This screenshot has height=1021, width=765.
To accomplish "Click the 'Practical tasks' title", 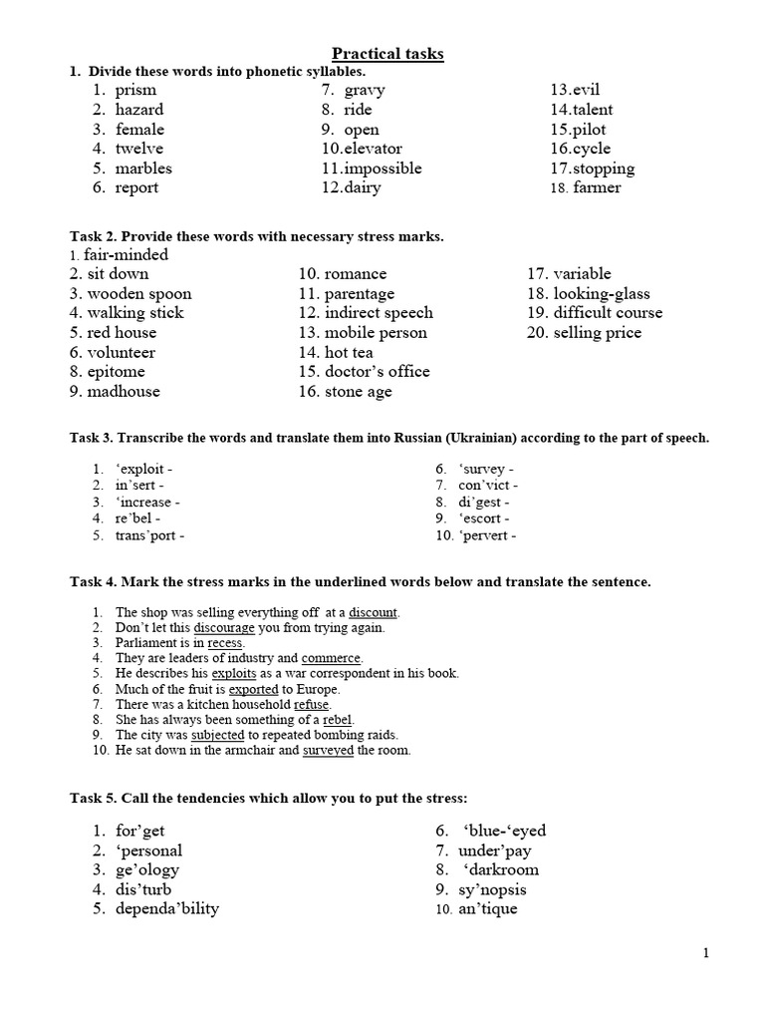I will pos(387,53).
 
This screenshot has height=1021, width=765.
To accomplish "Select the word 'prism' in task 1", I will pos(135,90).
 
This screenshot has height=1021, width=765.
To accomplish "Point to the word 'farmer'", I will pos(597,187).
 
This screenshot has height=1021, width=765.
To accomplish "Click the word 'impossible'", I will pos(382,169).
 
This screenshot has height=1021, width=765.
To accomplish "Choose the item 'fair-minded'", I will pos(126,254).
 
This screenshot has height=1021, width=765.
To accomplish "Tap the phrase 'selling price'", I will pos(597,332).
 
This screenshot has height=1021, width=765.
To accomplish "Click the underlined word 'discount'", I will pos(373,612).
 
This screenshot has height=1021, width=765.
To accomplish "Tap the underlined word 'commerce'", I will pos(332,658).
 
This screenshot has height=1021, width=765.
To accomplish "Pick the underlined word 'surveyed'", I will pos(329,750).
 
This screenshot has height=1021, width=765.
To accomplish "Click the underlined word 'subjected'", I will pos(217,735).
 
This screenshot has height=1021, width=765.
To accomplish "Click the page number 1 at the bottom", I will pos(706,953).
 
